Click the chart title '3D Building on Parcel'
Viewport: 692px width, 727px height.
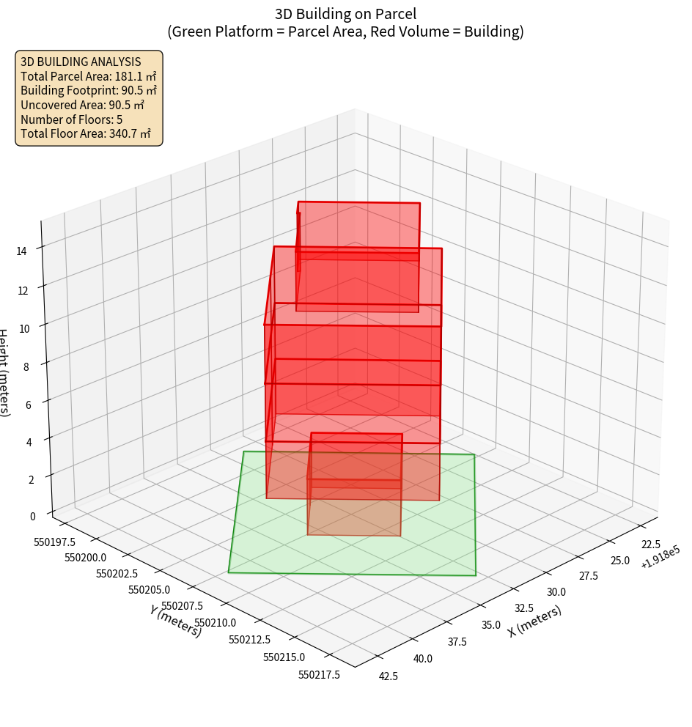coord(345,13)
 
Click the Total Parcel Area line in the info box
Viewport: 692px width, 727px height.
coord(88,75)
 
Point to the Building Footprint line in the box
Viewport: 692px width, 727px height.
coord(88,90)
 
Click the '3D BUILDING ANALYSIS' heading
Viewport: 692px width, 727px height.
coord(81,62)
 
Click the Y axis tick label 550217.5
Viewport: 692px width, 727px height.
coord(319,675)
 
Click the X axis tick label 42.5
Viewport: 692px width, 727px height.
coord(389,676)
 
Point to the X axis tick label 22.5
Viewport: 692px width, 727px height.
coord(651,544)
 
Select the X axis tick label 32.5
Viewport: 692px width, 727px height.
coord(523,608)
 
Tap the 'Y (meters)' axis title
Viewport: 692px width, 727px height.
coord(176,621)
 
